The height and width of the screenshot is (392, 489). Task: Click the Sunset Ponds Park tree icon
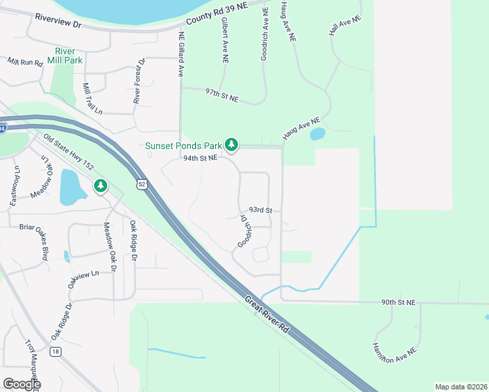point(231,144)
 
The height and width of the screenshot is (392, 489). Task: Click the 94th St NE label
point(200,158)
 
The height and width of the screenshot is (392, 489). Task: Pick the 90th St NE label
point(399,302)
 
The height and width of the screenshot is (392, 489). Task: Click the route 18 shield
point(56,351)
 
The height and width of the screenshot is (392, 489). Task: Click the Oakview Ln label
point(82,279)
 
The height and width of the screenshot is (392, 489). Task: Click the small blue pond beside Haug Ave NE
point(317,134)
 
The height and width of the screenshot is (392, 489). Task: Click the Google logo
point(22,384)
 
